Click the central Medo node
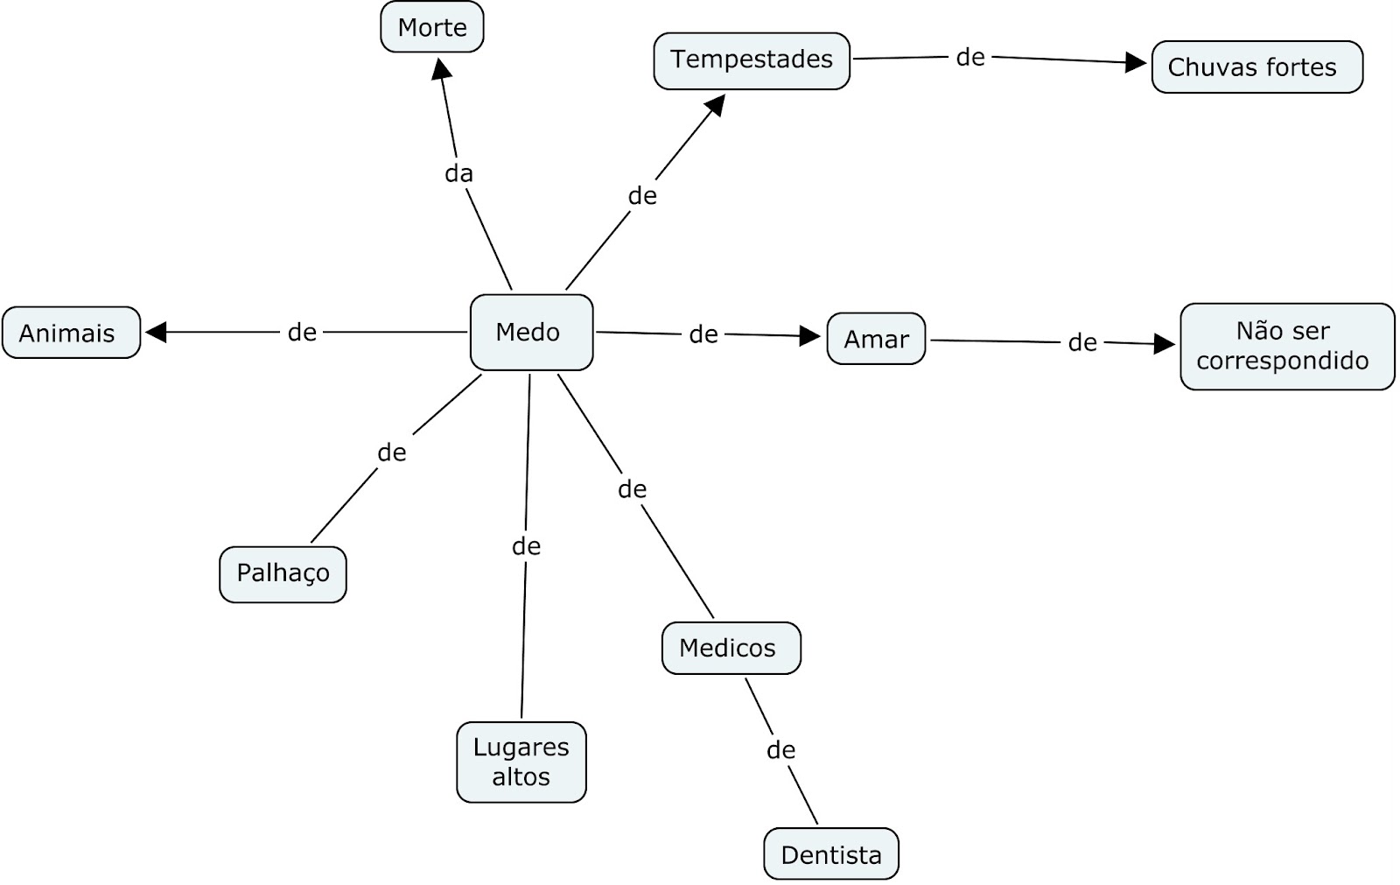point(531,332)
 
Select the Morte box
point(431,27)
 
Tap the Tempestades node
point(751,60)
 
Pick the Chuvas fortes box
point(1256,67)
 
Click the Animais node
point(71,333)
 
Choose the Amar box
point(875,339)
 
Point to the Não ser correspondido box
point(1286,346)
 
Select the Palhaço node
point(283,573)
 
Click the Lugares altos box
point(521,762)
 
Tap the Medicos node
point(730,648)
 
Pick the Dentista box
point(830,853)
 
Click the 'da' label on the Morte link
point(458,173)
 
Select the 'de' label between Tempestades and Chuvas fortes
point(970,57)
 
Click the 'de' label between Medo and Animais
point(302,332)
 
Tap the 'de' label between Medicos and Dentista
point(780,749)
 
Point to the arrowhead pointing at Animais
point(156,332)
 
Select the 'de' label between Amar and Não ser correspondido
point(1082,342)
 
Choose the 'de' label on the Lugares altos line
point(526,546)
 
